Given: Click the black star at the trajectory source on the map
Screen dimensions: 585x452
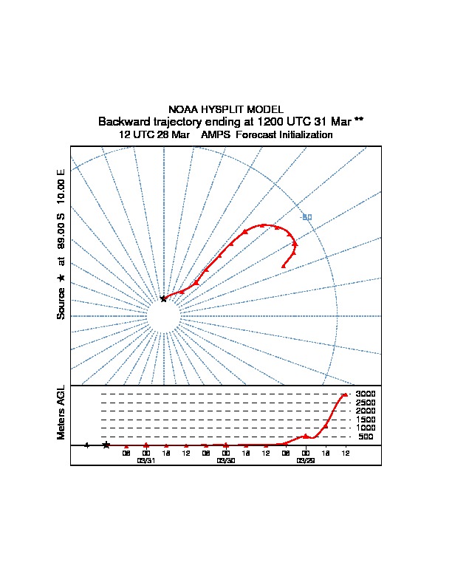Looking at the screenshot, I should tap(163, 298).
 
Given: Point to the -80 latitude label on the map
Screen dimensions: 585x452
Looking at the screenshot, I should tap(307, 216).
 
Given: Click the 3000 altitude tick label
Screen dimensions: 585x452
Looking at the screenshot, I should tap(366, 394).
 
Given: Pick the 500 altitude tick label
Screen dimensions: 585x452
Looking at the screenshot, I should tap(366, 437).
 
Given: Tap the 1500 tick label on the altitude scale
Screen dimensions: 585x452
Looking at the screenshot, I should tap(366, 420).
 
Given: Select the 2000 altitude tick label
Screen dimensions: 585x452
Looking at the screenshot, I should tap(366, 411).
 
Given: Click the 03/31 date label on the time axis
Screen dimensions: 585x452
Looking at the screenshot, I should tap(146, 460).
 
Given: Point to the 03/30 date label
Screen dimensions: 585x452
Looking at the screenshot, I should tap(225, 460).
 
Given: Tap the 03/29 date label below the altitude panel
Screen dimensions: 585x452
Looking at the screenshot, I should tap(305, 460).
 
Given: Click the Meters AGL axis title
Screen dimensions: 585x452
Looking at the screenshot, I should tap(61, 413).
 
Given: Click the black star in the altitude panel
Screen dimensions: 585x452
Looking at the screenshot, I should tap(106, 445).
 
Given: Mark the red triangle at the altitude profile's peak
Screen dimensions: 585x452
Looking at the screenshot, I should tap(344, 395).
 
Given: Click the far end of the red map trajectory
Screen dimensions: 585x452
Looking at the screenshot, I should tap(284, 265).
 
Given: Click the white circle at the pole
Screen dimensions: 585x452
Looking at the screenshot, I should tap(163, 316).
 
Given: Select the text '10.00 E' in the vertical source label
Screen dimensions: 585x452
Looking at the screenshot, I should tap(61, 188).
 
